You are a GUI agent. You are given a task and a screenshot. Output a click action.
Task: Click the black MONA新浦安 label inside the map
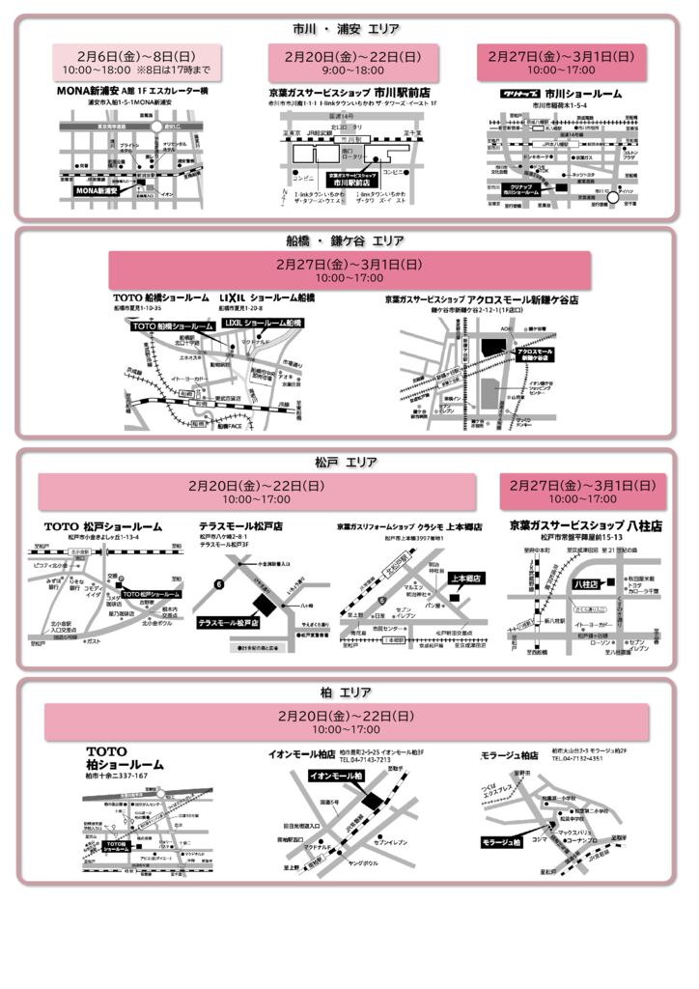click(x=97, y=191)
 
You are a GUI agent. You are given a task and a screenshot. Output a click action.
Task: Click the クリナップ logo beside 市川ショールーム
click(x=523, y=94)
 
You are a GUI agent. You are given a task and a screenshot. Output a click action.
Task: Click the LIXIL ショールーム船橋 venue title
click(x=267, y=297)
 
